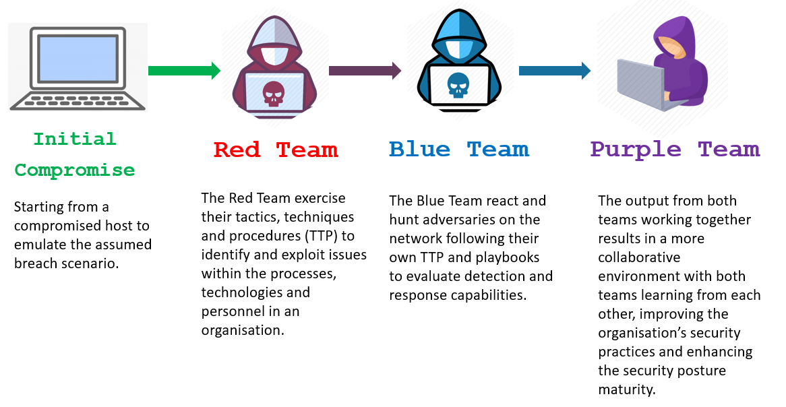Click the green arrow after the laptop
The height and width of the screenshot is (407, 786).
[x=184, y=71]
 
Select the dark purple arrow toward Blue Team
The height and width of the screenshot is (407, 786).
[x=365, y=71]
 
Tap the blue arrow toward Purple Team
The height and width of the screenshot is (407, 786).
[x=554, y=71]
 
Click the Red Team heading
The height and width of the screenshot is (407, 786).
[x=276, y=150]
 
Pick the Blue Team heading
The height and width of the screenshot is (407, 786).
[x=458, y=150]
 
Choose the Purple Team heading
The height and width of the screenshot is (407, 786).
[x=675, y=150]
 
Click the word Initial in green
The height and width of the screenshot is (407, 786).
[x=75, y=139]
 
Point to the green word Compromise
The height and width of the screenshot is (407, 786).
[x=75, y=170]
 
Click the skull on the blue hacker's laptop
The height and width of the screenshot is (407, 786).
[x=458, y=85]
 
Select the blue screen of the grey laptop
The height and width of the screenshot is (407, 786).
[x=78, y=59]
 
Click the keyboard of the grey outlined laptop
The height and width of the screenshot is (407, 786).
[x=78, y=100]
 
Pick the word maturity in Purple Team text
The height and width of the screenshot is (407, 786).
[x=627, y=389]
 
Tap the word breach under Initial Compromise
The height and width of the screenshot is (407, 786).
[x=36, y=263]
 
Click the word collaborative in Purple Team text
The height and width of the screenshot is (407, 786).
[x=639, y=257]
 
